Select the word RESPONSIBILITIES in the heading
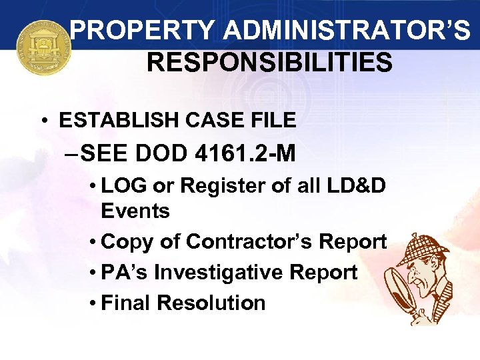point(269,63)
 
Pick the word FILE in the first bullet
point(269,120)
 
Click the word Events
point(135,211)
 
